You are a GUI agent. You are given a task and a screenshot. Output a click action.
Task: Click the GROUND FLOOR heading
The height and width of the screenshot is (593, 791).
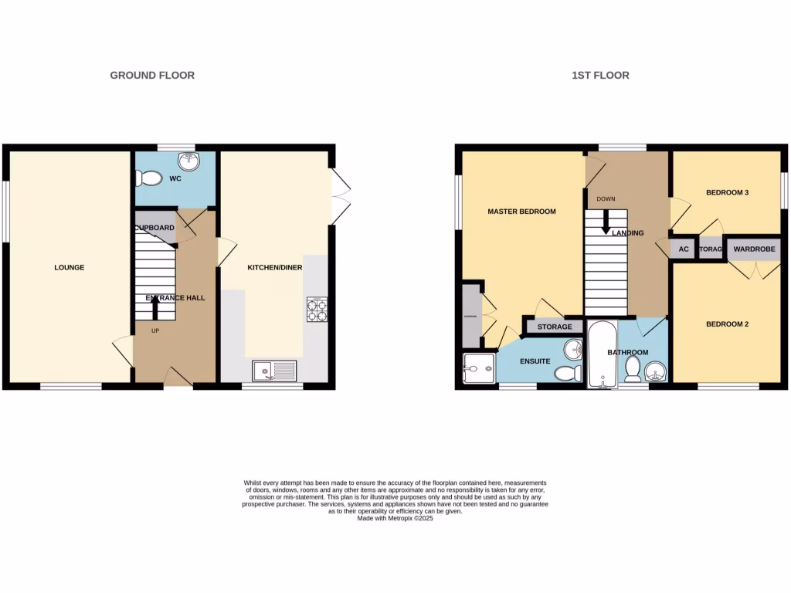click(x=152, y=75)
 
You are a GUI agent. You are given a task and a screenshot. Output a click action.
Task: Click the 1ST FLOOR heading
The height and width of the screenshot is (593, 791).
click(x=600, y=75)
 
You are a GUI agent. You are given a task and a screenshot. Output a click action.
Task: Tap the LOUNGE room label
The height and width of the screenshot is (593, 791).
click(x=69, y=268)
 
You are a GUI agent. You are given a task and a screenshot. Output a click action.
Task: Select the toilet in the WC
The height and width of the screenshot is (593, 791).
click(x=148, y=179)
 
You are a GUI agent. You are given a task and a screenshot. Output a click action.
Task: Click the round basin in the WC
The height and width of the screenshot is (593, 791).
click(x=188, y=161)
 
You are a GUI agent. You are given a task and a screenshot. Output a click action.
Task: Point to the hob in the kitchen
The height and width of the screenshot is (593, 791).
click(x=317, y=309)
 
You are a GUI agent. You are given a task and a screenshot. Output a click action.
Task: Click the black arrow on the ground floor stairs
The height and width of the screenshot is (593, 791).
click(x=155, y=308)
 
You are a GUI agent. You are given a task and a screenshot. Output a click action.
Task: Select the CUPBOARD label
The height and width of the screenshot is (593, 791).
click(x=154, y=228)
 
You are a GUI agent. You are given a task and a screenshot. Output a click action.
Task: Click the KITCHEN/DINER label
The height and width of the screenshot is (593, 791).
click(x=274, y=268)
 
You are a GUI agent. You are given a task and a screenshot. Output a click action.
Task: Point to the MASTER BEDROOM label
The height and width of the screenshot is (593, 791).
click(x=521, y=212)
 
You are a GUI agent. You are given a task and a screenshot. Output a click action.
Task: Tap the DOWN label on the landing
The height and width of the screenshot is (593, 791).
click(x=606, y=199)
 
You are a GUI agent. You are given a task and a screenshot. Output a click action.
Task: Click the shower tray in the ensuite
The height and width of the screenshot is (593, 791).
click(x=478, y=369)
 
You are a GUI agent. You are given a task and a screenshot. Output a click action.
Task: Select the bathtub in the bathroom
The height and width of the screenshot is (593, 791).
click(x=602, y=354)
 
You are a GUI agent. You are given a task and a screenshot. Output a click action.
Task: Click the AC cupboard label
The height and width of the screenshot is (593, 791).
click(x=683, y=249)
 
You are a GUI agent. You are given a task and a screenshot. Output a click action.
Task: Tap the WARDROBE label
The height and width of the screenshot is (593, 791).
click(x=754, y=249)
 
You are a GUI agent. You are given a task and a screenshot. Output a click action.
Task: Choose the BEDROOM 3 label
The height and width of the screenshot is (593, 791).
click(x=728, y=192)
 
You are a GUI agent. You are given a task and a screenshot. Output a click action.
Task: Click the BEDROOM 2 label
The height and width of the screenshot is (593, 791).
click(x=728, y=324)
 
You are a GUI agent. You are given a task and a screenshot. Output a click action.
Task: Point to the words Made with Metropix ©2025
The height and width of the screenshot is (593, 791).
click(x=395, y=519)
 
